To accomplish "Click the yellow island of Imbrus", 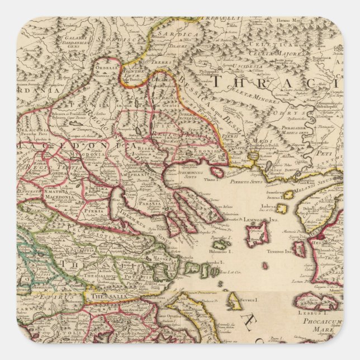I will pos(284,209).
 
